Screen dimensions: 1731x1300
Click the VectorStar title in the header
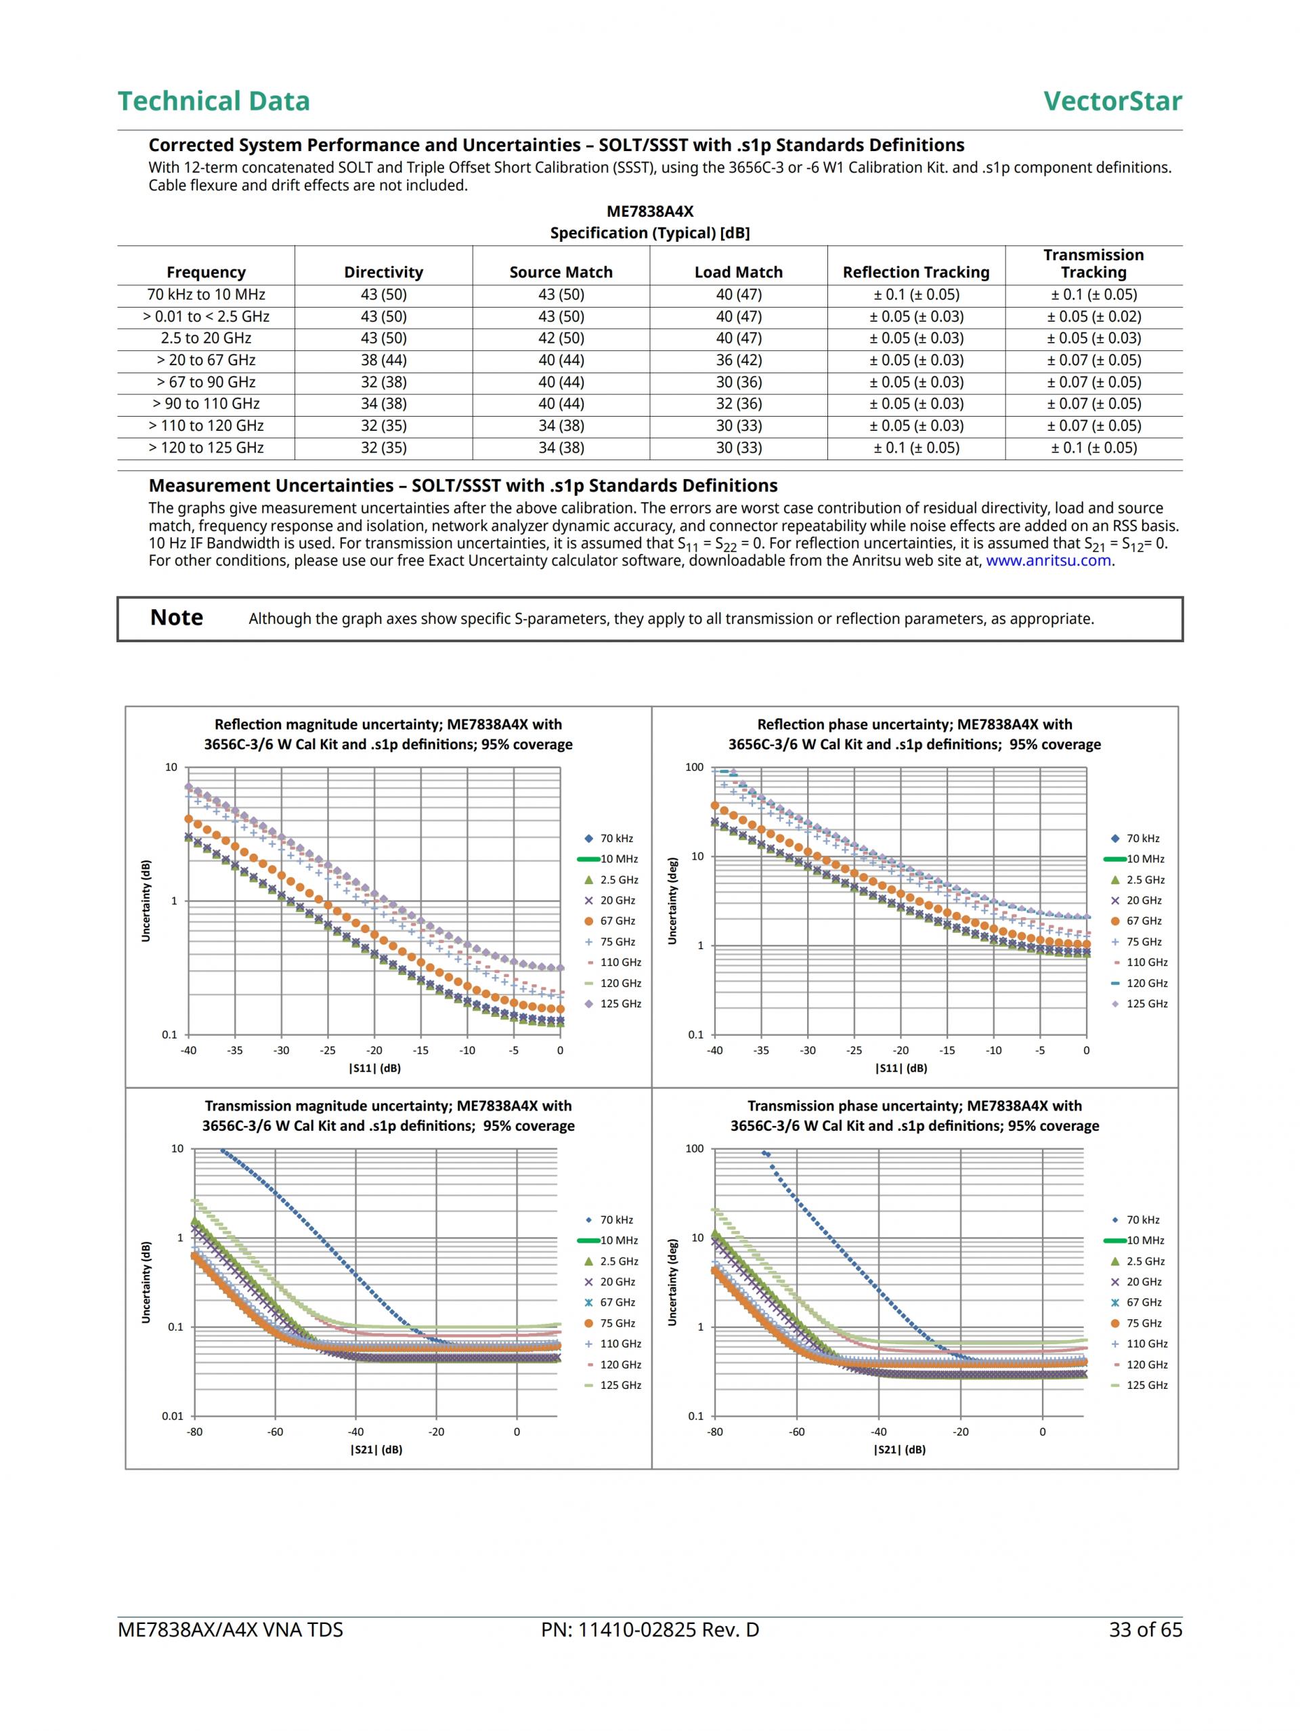pos(1112,101)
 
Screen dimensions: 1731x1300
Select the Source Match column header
pos(561,272)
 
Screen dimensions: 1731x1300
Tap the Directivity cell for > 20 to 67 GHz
pos(383,360)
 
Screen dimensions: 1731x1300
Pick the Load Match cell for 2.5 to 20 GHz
pos(739,338)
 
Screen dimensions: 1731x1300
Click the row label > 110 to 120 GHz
pos(206,425)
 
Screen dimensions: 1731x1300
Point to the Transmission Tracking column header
pos(1093,264)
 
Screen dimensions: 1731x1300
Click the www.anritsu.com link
pos(1048,560)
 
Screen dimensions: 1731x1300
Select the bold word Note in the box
pos(177,618)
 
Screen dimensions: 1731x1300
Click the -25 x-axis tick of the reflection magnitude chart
pos(328,1050)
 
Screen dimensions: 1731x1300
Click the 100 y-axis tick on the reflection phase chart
pos(694,767)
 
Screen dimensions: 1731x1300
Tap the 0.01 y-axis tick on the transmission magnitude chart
pos(172,1416)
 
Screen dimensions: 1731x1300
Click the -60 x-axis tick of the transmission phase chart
pos(796,1432)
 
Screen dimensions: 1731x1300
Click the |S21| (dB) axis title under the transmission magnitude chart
pos(376,1449)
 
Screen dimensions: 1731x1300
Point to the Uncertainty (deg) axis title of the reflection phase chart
pos(672,902)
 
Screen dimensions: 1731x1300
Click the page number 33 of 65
pos(1145,1630)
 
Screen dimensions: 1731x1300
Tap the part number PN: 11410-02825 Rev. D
pos(649,1630)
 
